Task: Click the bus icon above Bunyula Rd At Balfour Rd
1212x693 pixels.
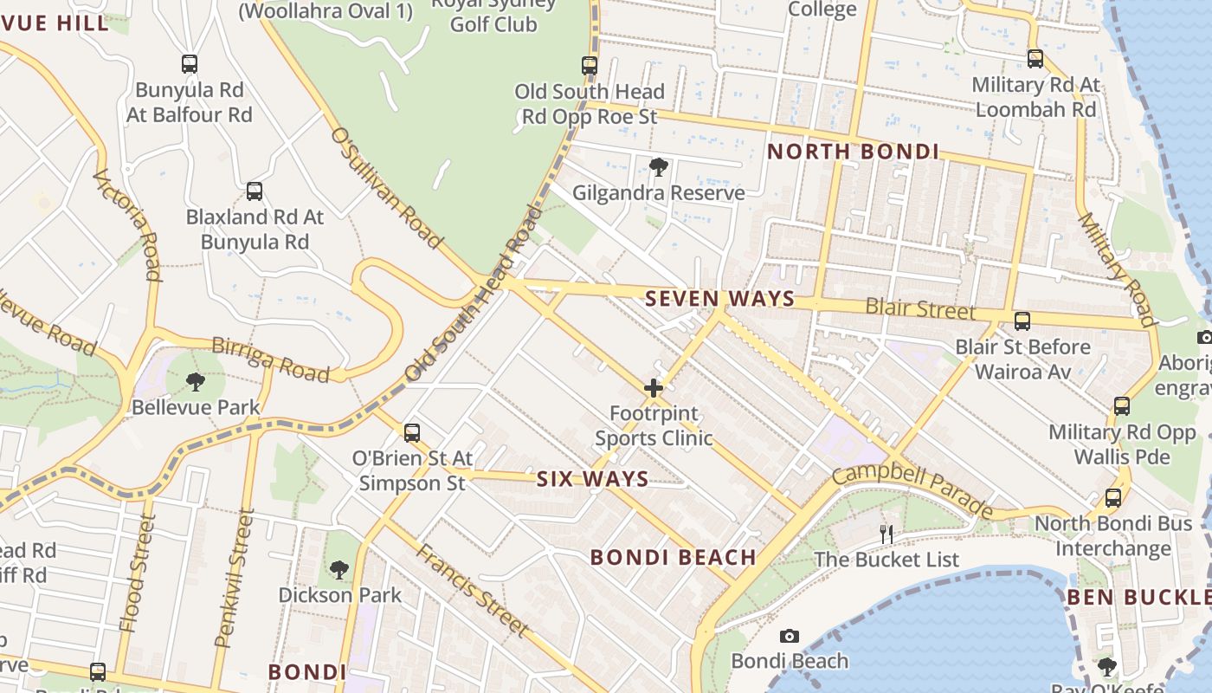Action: [x=190, y=63]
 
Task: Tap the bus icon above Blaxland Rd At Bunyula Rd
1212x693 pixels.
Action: [x=255, y=191]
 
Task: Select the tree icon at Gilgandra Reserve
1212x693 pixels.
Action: [x=658, y=166]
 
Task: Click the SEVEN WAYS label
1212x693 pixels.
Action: [x=719, y=299]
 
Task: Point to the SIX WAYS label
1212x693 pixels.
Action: [x=592, y=479]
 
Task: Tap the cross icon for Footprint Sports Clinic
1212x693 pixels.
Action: [x=654, y=387]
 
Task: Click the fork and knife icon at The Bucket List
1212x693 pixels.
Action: [x=886, y=534]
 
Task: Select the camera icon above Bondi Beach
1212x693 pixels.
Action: [x=790, y=636]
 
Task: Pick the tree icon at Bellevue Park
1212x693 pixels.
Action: [x=196, y=381]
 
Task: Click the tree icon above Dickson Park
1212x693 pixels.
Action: [x=339, y=569]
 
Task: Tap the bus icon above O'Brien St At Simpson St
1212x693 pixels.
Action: [x=412, y=432]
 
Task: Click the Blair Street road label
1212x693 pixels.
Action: [x=920, y=308]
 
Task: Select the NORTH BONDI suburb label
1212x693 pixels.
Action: [x=853, y=152]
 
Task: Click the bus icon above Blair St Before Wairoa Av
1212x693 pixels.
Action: [x=1022, y=321]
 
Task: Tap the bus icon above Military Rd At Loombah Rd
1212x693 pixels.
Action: [x=1035, y=59]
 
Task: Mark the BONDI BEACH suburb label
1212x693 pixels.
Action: [x=673, y=557]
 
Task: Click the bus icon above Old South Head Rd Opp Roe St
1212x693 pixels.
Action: [x=590, y=65]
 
